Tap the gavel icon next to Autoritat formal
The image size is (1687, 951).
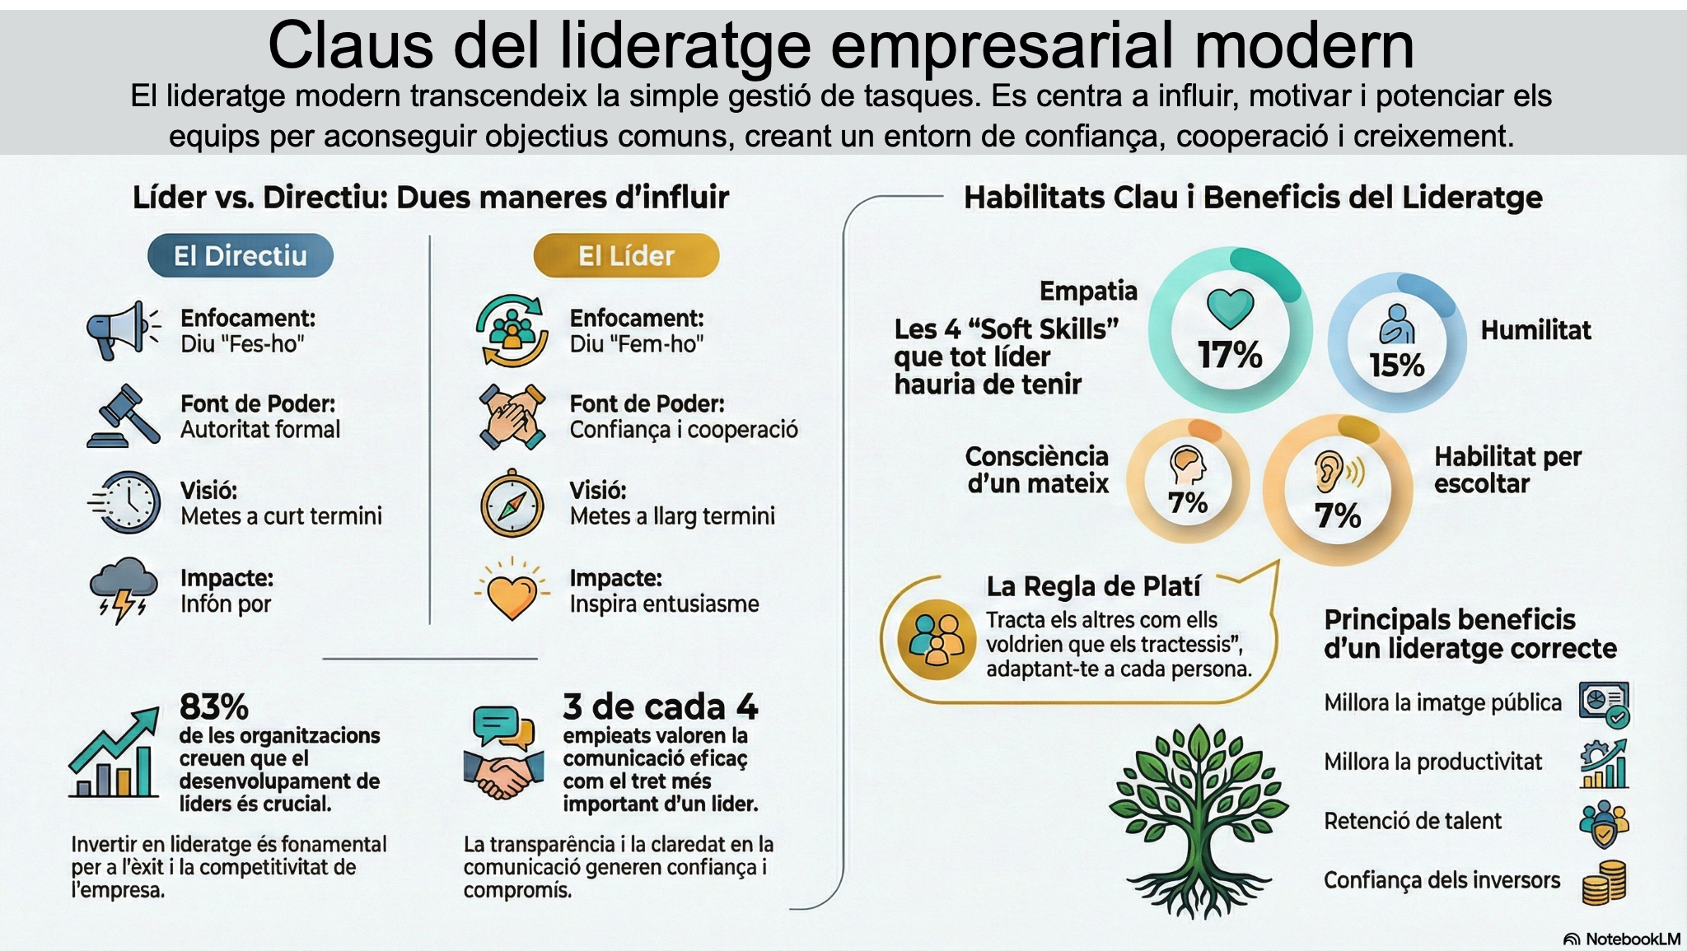(124, 416)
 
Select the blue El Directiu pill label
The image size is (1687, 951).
(241, 255)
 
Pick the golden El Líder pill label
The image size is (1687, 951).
(626, 255)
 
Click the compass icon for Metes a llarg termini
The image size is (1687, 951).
(512, 503)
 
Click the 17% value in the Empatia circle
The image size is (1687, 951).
(1230, 355)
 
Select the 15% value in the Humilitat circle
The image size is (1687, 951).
(1397, 365)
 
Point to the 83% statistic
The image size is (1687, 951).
(214, 706)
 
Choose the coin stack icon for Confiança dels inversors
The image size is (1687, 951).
(1605, 882)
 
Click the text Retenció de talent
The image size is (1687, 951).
(1413, 821)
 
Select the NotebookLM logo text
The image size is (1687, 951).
(1622, 939)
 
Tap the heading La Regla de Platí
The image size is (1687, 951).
(1093, 586)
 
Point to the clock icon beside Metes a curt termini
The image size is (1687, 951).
(125, 502)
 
